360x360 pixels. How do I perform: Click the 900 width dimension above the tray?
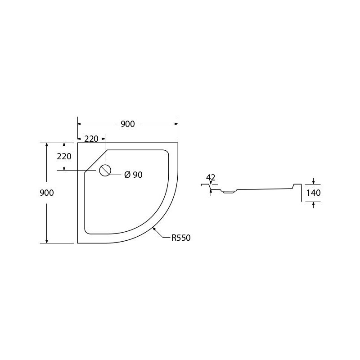tap(128, 124)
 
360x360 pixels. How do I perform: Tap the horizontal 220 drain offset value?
tap(91, 139)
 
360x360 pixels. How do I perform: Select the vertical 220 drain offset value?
tap(64, 157)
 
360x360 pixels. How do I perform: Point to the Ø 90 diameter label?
tap(133, 175)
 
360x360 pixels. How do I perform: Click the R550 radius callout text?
tap(181, 238)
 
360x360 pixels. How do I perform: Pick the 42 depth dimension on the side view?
tap(211, 177)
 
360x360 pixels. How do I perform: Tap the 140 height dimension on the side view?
tap(314, 193)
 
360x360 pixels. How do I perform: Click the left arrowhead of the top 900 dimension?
tap(80, 124)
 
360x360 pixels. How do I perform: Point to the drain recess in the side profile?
tap(228, 192)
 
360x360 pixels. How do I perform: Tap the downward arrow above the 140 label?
tap(314, 183)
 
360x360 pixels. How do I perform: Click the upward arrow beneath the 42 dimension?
tap(211, 192)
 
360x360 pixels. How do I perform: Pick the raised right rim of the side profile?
tap(297, 185)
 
